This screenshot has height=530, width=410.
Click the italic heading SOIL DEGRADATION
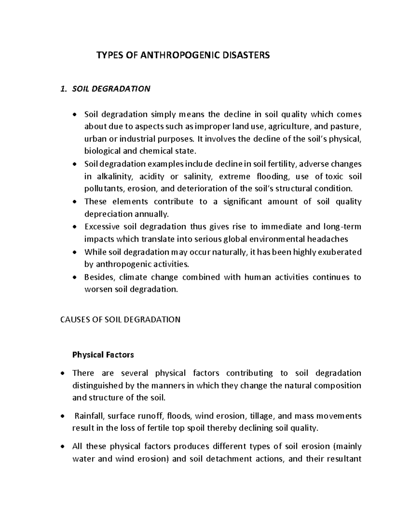pyautogui.click(x=111, y=89)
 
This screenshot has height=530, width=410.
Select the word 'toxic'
pyautogui.click(x=334, y=177)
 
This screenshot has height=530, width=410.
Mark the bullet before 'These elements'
pyautogui.click(x=75, y=202)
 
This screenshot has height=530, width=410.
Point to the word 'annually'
pyautogui.click(x=152, y=214)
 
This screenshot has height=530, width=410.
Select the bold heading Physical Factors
pyautogui.click(x=103, y=355)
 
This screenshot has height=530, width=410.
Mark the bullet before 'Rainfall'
pyautogui.click(x=62, y=416)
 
